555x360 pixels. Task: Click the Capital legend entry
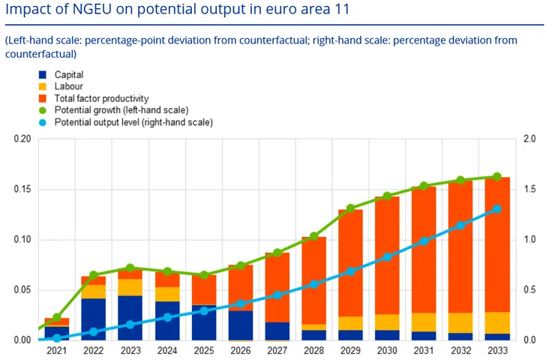click(x=69, y=75)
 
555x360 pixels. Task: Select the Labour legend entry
click(x=68, y=86)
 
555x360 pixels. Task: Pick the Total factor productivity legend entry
click(x=101, y=98)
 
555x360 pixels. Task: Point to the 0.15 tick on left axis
click(x=22, y=190)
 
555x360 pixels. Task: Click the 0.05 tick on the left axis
click(x=22, y=290)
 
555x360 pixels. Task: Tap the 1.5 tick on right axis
click(x=529, y=190)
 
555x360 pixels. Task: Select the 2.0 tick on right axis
click(x=529, y=139)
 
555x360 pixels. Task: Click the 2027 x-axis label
click(x=277, y=351)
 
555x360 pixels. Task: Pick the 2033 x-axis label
click(x=497, y=351)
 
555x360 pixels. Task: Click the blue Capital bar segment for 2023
click(x=130, y=318)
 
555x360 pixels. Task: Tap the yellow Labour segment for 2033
click(x=497, y=322)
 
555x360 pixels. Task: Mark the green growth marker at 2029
click(x=350, y=208)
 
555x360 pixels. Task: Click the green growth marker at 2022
click(x=94, y=275)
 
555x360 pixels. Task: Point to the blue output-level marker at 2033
click(x=497, y=209)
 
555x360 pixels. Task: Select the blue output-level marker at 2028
click(x=313, y=284)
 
